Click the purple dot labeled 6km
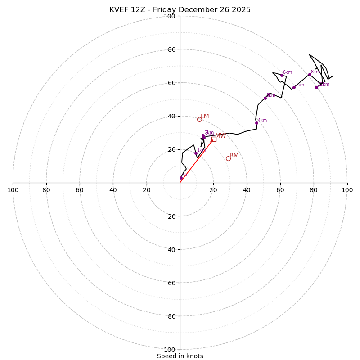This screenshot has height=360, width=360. [x=282, y=75]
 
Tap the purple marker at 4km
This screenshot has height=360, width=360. [x=256, y=123]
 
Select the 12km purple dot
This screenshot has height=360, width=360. [x=316, y=87]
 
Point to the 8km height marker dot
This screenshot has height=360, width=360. [x=310, y=74]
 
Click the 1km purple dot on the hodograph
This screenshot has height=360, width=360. [x=196, y=153]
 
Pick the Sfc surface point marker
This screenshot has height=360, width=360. [x=181, y=178]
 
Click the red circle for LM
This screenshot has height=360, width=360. [x=199, y=119]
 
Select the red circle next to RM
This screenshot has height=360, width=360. [x=228, y=158]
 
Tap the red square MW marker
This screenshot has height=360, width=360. [x=214, y=139]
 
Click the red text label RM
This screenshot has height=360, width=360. [x=234, y=156]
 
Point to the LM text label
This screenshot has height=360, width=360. [x=205, y=117]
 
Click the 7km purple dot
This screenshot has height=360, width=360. [x=294, y=87]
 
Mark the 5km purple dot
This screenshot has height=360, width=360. [x=265, y=98]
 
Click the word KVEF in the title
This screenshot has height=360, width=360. [x=119, y=10]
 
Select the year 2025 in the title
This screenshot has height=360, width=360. [x=242, y=10]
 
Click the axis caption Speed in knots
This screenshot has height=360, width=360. [x=180, y=356]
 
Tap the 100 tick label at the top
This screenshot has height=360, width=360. [x=170, y=16]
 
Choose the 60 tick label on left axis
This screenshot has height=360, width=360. [x=80, y=190]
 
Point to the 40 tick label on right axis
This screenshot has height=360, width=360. [x=247, y=190]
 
